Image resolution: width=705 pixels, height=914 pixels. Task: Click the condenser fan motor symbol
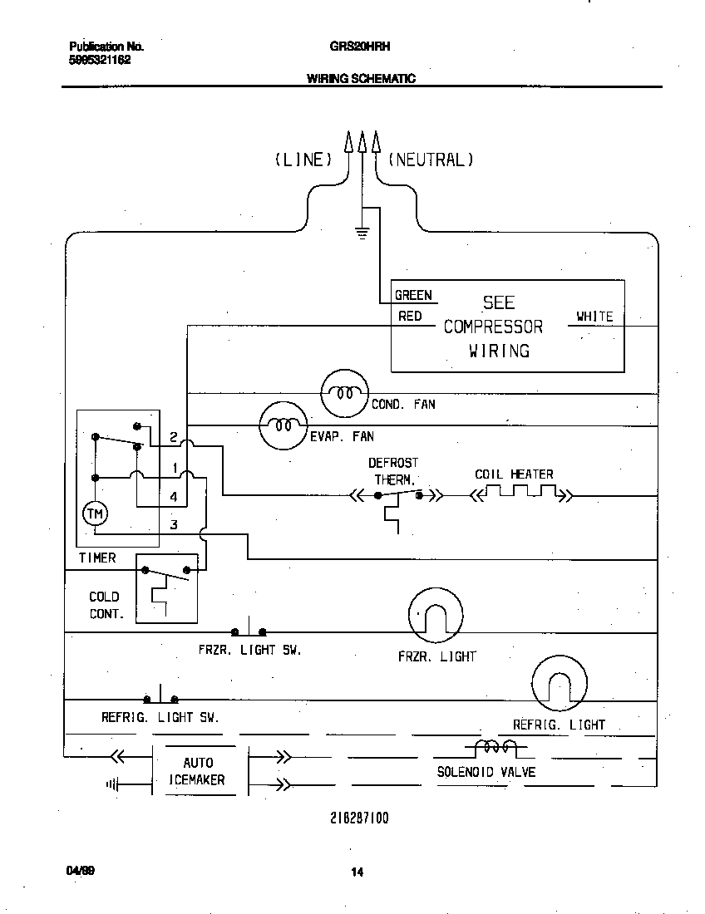pyautogui.click(x=343, y=393)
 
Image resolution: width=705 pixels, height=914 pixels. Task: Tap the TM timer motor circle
pyautogui.click(x=95, y=514)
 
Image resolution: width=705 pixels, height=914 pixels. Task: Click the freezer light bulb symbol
pyautogui.click(x=434, y=615)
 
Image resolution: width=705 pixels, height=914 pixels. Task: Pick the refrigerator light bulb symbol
pyautogui.click(x=559, y=683)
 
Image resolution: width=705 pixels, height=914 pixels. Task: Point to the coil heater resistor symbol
pyautogui.click(x=521, y=494)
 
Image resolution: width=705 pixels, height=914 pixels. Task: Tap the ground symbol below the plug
pyautogui.click(x=362, y=233)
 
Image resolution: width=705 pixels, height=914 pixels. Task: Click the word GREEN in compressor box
pyautogui.click(x=413, y=295)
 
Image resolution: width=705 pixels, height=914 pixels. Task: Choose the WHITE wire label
pyautogui.click(x=594, y=317)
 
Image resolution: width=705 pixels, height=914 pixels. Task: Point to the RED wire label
pyautogui.click(x=410, y=317)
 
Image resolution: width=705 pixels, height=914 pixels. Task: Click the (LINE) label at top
pyautogui.click(x=303, y=160)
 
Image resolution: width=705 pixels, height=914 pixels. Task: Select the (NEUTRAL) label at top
pyautogui.click(x=431, y=160)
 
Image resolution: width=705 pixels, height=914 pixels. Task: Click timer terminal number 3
pyautogui.click(x=174, y=524)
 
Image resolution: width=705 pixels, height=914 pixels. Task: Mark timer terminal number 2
pyautogui.click(x=173, y=437)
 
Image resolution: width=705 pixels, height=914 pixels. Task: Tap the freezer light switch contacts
pyautogui.click(x=249, y=631)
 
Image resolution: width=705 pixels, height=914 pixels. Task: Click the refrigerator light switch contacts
pyautogui.click(x=161, y=699)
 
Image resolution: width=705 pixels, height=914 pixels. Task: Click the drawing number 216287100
pyautogui.click(x=359, y=818)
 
